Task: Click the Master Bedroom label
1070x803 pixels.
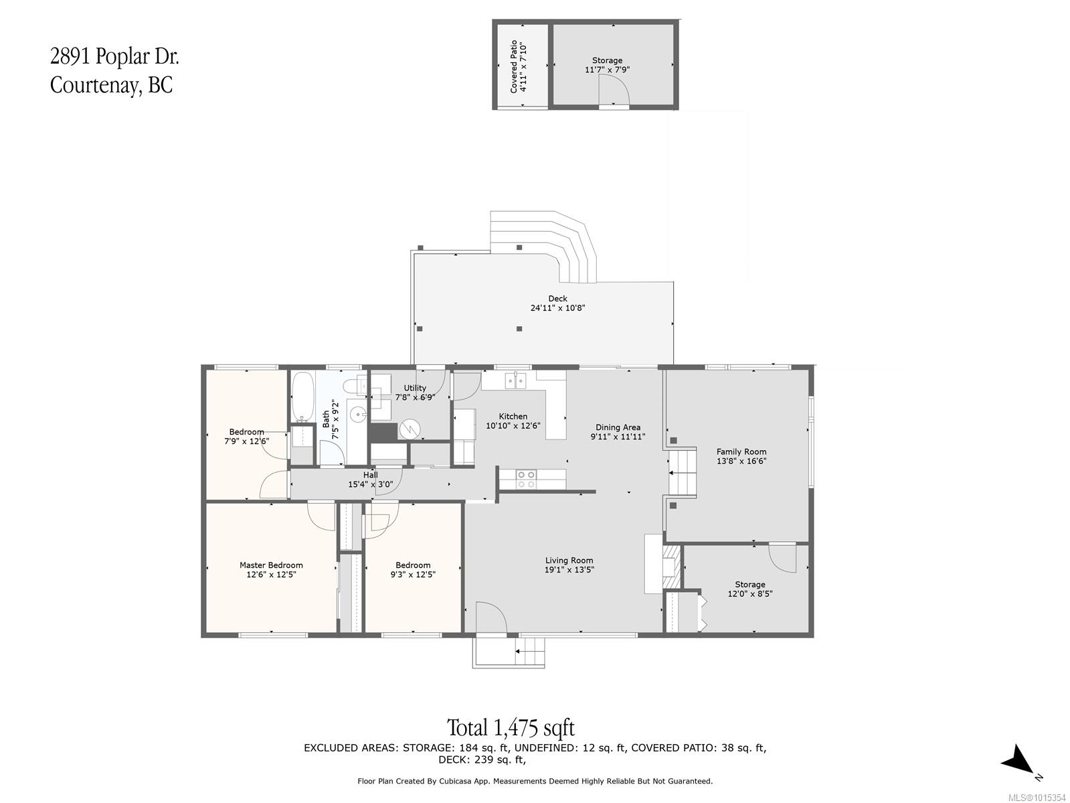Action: point(271,565)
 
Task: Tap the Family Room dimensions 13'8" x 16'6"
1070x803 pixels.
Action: point(741,461)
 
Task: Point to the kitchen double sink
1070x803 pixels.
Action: point(515,380)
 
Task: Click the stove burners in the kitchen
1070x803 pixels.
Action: point(525,478)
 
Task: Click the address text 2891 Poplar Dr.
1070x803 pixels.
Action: point(114,57)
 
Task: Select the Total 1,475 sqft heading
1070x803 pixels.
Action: point(511,727)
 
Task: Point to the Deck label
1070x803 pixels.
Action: point(557,299)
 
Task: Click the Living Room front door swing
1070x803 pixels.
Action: point(491,617)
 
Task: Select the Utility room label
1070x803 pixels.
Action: point(414,388)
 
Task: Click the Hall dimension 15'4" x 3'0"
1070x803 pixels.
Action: point(370,484)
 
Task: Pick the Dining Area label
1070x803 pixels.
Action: point(618,427)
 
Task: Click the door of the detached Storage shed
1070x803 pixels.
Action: point(613,90)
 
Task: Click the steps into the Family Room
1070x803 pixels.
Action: point(683,473)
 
